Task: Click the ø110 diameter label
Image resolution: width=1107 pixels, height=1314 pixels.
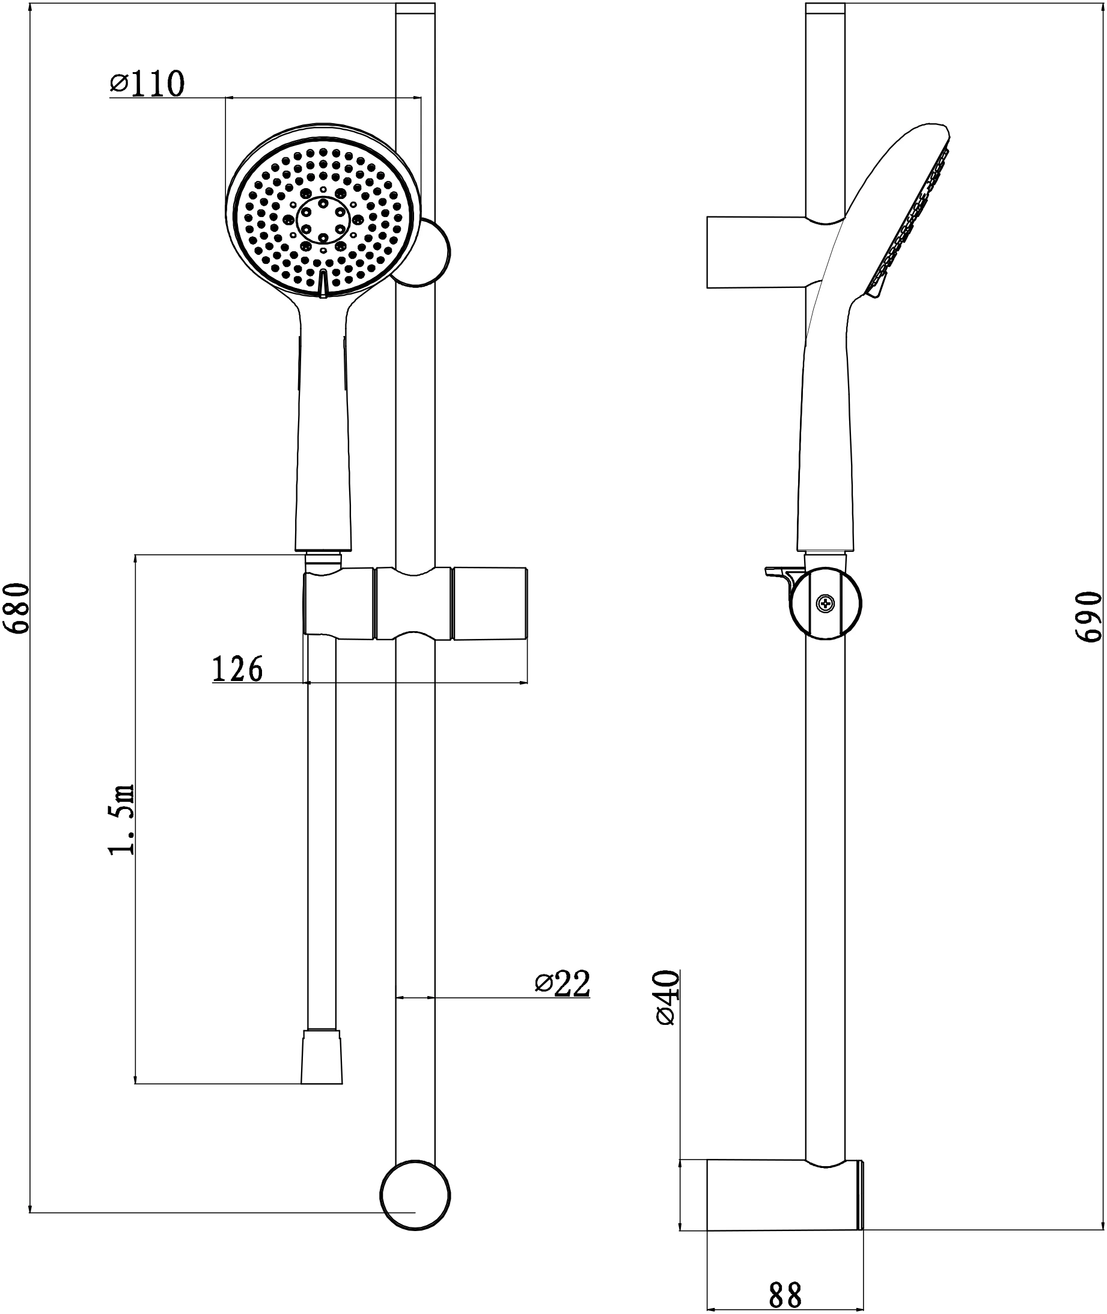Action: coord(148,84)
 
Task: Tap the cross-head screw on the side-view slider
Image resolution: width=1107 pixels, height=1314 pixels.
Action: coord(825,604)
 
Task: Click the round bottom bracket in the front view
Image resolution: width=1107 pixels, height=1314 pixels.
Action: coord(415,1195)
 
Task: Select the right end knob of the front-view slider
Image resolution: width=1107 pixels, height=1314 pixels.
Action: coord(489,604)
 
